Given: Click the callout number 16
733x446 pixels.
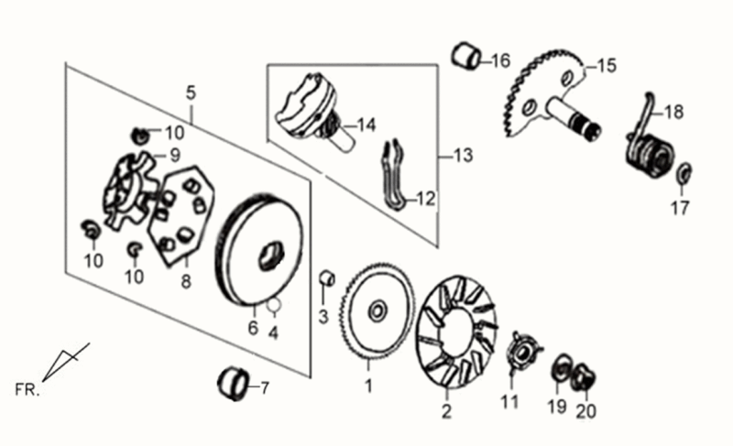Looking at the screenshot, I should click(x=500, y=61).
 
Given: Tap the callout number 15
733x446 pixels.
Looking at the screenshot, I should click(x=607, y=66).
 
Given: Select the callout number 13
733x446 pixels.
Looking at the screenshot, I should click(x=463, y=156).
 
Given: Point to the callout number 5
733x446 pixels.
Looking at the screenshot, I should click(x=191, y=92).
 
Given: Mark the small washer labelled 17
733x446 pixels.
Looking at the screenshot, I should click(x=683, y=174).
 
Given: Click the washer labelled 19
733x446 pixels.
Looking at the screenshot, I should click(x=559, y=371).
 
